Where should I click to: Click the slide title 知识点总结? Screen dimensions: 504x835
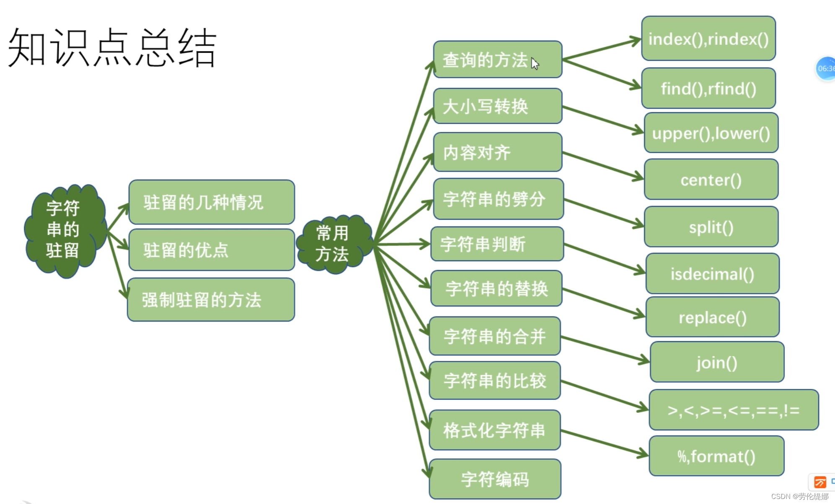coord(112,48)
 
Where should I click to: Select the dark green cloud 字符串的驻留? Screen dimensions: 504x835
coord(64,230)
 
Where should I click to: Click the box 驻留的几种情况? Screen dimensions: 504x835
coord(212,202)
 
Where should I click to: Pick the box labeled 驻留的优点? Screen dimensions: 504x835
coord(212,250)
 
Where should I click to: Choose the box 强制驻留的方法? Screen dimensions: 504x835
coord(211,300)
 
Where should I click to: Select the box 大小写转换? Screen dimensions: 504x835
coord(497,106)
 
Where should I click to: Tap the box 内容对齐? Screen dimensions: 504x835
coord(497,152)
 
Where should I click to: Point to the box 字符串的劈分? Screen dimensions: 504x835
coord(498,199)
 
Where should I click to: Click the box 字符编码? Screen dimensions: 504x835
coord(495,479)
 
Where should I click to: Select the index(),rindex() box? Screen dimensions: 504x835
coord(708,39)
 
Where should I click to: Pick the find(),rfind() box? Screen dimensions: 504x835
coord(708,89)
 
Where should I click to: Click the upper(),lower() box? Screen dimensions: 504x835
coord(711,133)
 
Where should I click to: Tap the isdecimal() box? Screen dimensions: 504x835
coord(712,274)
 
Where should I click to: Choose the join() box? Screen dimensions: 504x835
coord(717,362)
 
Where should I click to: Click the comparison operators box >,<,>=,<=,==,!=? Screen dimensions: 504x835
coord(734,410)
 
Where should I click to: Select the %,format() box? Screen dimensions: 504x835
coord(716,456)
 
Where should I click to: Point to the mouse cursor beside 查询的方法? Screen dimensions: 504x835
coord(535,63)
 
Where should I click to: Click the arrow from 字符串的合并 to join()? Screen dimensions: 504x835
coord(605,349)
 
